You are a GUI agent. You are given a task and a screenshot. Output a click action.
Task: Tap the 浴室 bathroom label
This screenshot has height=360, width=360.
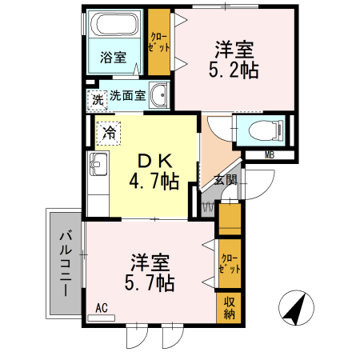(113, 58)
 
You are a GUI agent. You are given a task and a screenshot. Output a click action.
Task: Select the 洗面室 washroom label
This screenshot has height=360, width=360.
(127, 96)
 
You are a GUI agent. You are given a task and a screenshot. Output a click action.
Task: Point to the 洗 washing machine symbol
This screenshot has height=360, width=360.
(97, 101)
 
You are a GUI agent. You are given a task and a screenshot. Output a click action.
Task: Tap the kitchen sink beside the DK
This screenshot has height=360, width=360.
(98, 166)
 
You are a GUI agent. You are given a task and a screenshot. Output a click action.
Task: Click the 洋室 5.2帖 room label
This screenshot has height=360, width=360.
(234, 59)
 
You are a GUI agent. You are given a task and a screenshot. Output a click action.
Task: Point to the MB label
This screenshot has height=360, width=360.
(270, 155)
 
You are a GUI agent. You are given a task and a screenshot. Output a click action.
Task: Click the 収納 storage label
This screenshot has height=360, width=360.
(229, 307)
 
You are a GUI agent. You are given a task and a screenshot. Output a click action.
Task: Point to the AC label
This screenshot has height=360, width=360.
(102, 307)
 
